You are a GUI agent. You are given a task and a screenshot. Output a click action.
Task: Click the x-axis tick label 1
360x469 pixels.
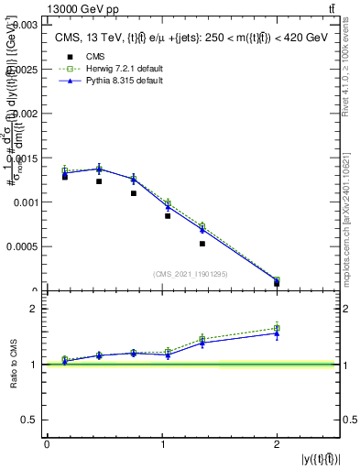point(162,444)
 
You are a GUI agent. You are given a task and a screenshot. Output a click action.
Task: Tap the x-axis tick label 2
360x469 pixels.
point(277,444)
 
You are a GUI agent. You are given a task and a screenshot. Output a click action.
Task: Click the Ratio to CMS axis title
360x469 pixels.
point(15,365)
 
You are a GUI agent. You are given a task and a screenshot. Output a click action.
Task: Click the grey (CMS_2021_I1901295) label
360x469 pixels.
point(191,274)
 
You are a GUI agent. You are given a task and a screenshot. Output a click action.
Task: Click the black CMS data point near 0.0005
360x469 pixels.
point(202,244)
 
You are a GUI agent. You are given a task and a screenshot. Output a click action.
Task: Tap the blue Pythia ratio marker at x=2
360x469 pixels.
point(277,333)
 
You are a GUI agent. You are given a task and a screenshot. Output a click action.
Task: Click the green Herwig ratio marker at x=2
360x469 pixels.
point(277,328)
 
